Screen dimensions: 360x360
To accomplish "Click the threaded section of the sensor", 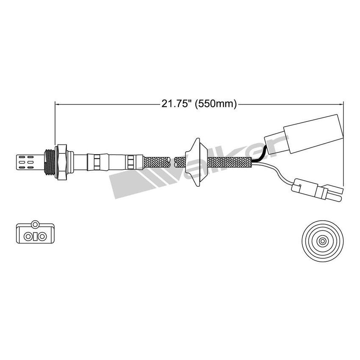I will click(50, 161).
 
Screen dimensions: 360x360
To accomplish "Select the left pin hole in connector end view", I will click(28, 236).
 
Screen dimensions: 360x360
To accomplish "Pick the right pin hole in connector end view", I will click(44, 236).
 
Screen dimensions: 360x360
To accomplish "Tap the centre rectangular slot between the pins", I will click(36, 236).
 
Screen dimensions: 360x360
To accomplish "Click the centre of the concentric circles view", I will click(323, 241).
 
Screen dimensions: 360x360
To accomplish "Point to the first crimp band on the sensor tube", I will click(97, 161).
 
